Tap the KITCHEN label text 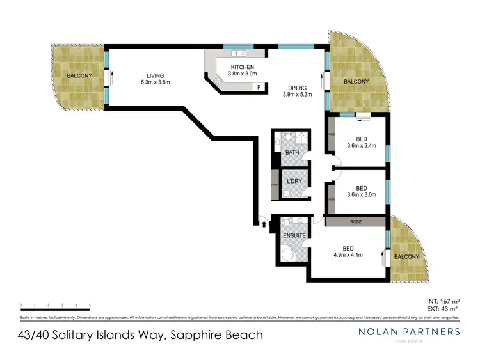[243, 67]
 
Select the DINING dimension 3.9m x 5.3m [297, 95]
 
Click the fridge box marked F [259, 87]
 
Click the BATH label [292, 153]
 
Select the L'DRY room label [294, 182]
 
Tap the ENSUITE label [295, 235]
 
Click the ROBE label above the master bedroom [355, 222]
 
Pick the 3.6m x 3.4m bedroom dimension [361, 145]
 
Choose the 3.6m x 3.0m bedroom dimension [361, 196]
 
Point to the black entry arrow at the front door [262, 223]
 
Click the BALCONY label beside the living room [79, 76]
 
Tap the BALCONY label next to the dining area [356, 82]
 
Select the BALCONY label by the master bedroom [406, 256]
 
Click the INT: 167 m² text [443, 300]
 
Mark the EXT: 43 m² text [443, 309]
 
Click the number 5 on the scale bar [90, 304]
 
